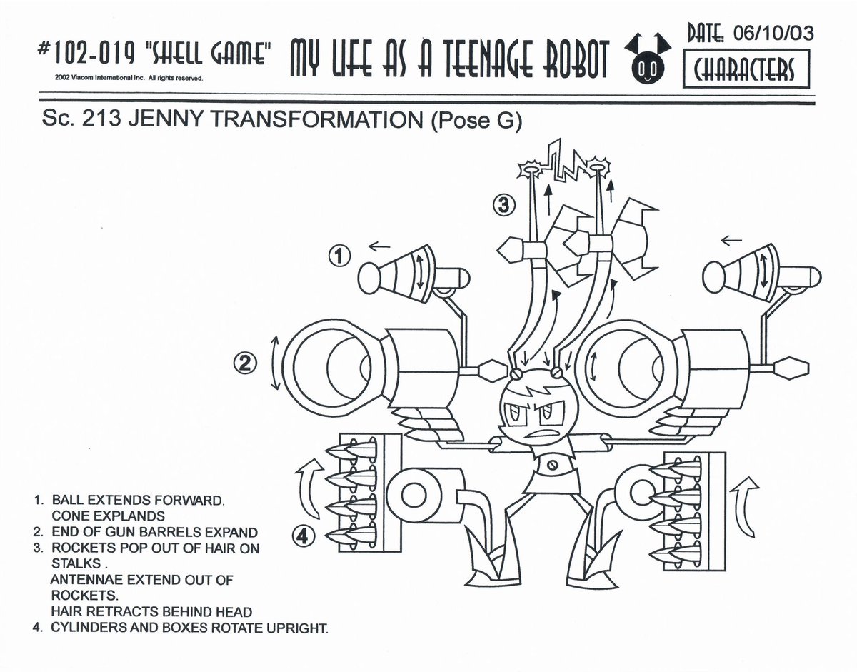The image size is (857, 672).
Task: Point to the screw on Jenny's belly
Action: coord(551,465)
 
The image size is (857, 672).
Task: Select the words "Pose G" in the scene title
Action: coord(476,121)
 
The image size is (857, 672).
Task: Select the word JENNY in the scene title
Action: coord(160,121)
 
